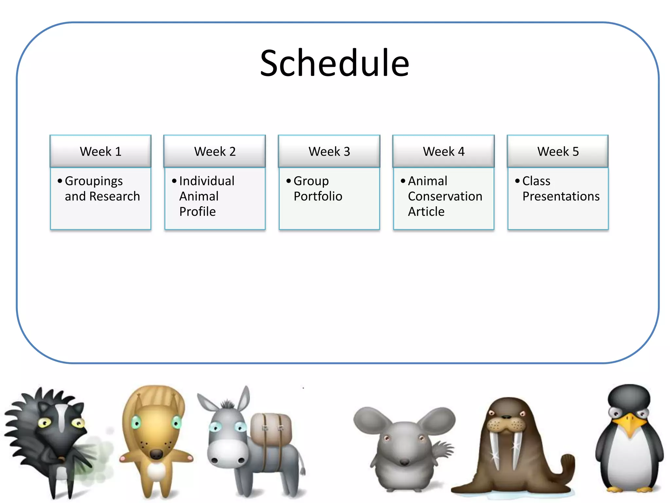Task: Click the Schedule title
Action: [x=334, y=63]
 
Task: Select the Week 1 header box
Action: [x=100, y=151]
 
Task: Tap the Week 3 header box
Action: [x=329, y=151]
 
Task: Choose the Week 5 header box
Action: [x=558, y=151]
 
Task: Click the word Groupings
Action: [x=94, y=181]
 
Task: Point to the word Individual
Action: [x=207, y=181]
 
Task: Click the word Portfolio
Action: [x=318, y=196]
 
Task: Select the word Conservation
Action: [x=445, y=196]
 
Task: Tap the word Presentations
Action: [x=561, y=196]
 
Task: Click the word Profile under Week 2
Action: [x=197, y=212]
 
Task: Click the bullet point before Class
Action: [x=517, y=181]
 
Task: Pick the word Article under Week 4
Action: [x=426, y=212]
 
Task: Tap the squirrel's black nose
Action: [x=156, y=454]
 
